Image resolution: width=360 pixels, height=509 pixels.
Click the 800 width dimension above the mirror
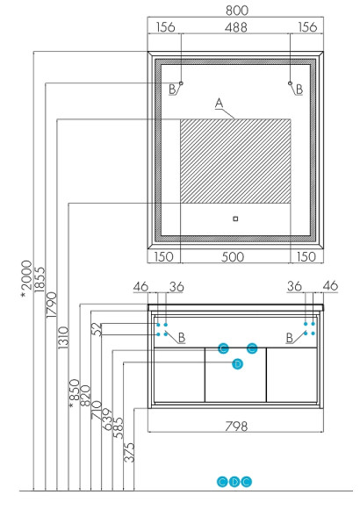pyautogui.click(x=236, y=11)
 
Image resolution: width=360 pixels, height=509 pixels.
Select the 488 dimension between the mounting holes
pyautogui.click(x=236, y=27)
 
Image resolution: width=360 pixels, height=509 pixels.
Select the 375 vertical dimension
pyautogui.click(x=130, y=452)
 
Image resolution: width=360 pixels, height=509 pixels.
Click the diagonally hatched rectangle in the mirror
pyautogui.click(x=234, y=159)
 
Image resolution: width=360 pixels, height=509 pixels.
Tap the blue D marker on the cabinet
pyautogui.click(x=236, y=363)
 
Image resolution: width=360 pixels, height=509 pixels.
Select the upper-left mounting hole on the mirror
pyautogui.click(x=181, y=83)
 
